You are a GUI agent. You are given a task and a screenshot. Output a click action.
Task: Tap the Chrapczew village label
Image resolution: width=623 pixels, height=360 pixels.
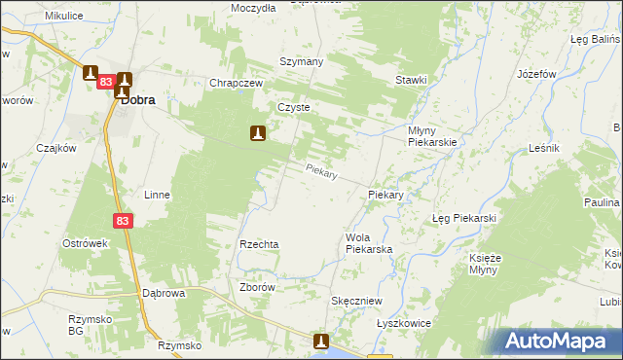(238, 83)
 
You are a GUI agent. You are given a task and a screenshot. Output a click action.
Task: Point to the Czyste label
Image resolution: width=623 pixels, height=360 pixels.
(293, 108)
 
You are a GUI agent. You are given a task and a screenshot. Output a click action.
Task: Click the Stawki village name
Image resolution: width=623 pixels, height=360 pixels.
(412, 80)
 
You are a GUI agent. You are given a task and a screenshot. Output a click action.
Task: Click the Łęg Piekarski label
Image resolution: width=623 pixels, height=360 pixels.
(464, 218)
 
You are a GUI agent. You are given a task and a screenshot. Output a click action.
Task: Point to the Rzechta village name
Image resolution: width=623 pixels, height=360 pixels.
(260, 244)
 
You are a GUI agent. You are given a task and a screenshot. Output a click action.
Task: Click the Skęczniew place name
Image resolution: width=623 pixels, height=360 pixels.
(356, 302)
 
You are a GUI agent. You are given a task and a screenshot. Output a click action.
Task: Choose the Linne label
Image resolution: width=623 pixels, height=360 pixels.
(157, 195)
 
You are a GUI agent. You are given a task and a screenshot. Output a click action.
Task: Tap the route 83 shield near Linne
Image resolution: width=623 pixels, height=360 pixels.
(122, 222)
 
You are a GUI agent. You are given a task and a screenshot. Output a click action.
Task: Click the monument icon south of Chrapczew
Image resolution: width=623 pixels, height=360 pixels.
(258, 133)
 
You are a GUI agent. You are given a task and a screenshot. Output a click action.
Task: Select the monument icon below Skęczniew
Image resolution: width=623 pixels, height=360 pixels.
(322, 342)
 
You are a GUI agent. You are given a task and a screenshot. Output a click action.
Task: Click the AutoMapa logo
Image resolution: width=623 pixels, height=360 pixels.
(558, 342)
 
